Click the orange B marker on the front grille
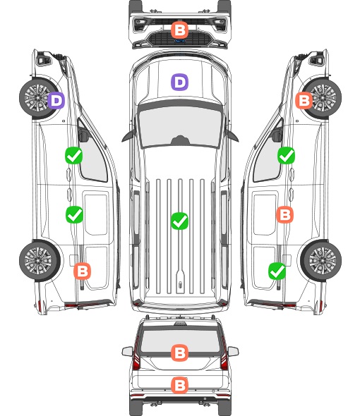coord(179,30)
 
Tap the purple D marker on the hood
coord(179,82)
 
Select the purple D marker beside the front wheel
coord(56,101)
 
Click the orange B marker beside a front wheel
coord(304,101)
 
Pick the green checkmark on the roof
coord(179,221)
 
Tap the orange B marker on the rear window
coord(179,353)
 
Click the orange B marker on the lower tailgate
coord(179,385)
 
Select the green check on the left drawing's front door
coord(74,155)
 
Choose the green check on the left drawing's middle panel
coord(74,214)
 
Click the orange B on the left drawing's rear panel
coord(82,271)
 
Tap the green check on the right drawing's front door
coord(286,155)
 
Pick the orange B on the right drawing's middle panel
coord(284,214)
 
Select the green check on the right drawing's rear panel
coord(277,271)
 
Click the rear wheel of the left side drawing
coord(39,261)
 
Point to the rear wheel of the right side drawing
coord(321,261)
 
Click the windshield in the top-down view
coord(180,124)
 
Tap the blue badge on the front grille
coord(179,41)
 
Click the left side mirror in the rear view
coord(127,351)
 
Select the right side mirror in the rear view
coord(233,351)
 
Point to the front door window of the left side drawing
coord(93,157)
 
